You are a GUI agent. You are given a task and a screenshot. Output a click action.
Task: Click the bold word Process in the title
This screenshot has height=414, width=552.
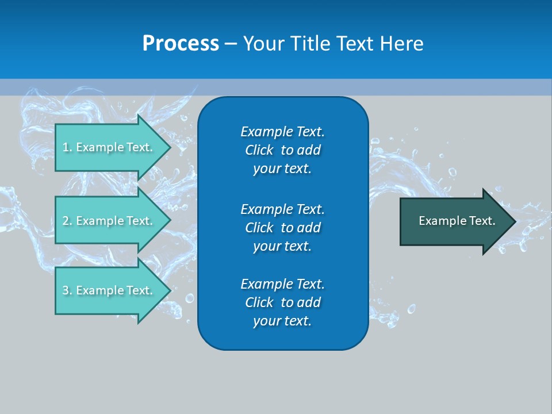pos(181,44)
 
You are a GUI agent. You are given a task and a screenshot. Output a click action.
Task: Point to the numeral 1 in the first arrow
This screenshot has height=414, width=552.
pos(66,147)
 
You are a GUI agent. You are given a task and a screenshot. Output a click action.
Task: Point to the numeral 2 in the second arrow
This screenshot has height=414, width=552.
pos(66,221)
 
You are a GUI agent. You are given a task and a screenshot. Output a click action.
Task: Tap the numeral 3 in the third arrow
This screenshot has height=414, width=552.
pos(66,290)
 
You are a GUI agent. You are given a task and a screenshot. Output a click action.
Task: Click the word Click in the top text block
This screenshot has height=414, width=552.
pos(259,150)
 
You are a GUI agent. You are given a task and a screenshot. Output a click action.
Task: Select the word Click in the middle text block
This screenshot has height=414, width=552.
pos(259,228)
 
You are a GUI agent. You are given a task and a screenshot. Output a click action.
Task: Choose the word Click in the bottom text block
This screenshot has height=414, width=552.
pos(259,302)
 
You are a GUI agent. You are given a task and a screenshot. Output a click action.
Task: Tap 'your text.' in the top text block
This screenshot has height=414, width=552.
pos(282,168)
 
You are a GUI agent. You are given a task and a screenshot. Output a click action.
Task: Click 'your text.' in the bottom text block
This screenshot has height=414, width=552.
pos(282,321)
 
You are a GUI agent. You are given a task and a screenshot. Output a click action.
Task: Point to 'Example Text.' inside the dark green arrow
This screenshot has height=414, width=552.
pos(457,221)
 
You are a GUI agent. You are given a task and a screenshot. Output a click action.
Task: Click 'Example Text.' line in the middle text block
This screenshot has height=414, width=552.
pos(282,209)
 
